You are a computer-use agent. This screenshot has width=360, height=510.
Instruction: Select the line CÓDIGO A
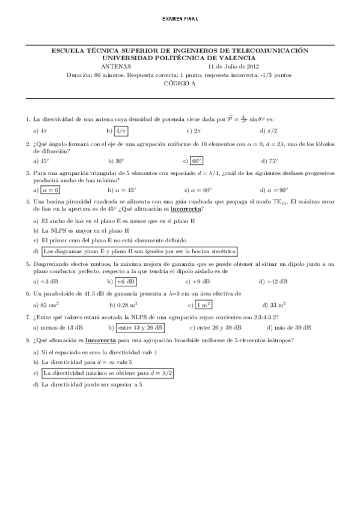point(180,84)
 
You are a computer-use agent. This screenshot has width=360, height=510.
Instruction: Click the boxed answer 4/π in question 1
point(121,131)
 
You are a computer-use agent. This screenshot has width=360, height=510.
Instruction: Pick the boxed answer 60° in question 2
point(197,161)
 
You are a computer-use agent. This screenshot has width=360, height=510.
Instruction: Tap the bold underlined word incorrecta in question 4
point(186,209)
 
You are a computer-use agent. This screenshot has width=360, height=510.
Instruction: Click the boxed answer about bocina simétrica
point(140,251)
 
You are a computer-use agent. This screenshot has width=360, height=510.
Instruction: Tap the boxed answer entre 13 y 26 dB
point(140,328)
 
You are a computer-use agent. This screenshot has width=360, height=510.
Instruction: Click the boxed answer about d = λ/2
point(108,373)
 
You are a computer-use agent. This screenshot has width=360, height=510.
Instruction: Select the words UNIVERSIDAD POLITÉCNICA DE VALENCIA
point(180,58)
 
